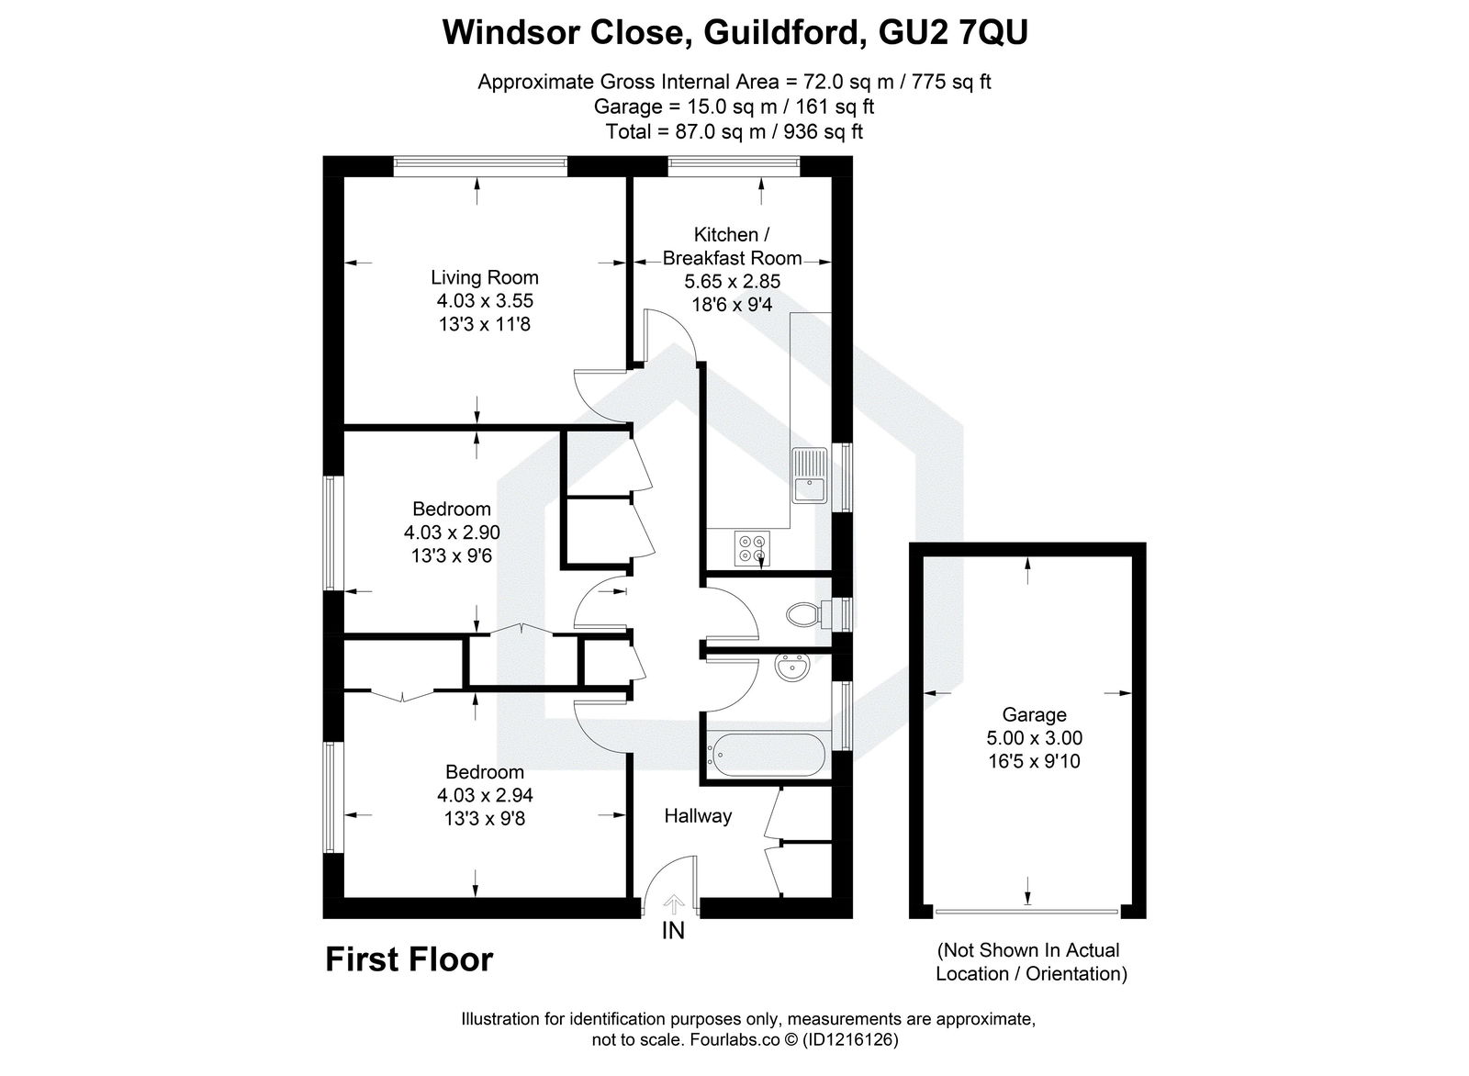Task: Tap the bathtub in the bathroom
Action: tap(765, 756)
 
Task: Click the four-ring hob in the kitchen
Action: tap(751, 548)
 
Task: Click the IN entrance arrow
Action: tap(673, 905)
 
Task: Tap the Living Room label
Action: tap(485, 277)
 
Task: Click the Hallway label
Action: tap(698, 815)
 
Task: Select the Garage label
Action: tap(1034, 714)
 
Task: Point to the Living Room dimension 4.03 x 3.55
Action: tap(485, 300)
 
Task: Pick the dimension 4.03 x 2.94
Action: tap(485, 795)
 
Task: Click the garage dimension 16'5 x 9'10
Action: tap(1034, 761)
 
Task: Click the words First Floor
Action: tap(409, 960)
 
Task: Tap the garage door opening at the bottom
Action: tap(1026, 912)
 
